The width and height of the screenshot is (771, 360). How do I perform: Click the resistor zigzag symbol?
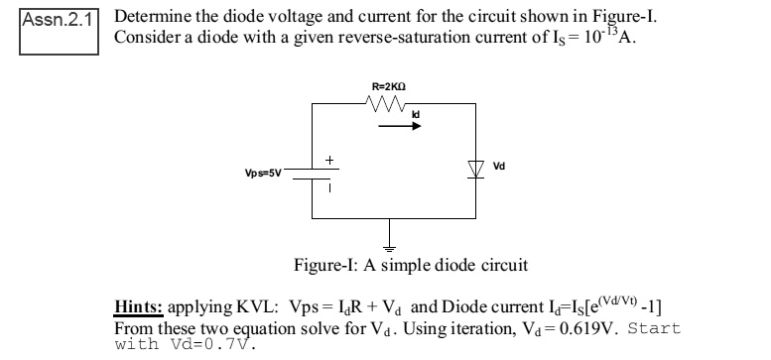[x=383, y=103]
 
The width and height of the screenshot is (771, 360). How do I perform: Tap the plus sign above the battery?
[x=329, y=159]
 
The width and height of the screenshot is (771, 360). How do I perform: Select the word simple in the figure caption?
[x=408, y=266]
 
